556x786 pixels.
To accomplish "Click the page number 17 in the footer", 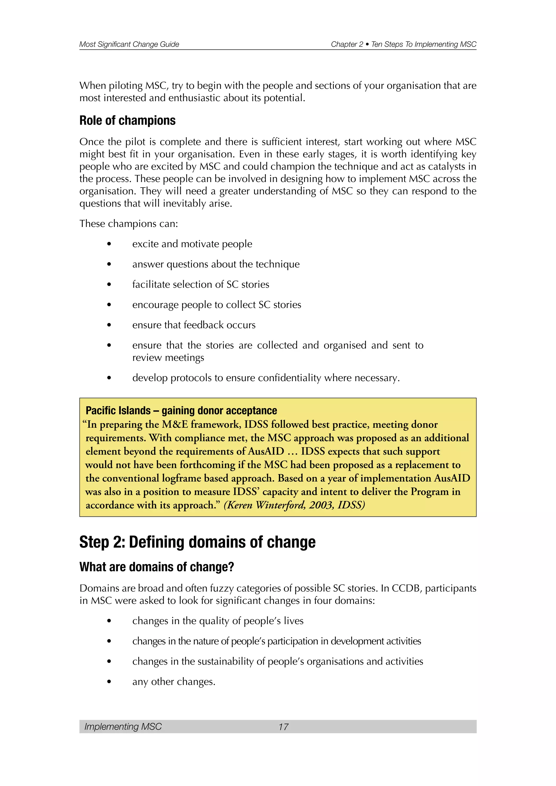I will (x=283, y=727).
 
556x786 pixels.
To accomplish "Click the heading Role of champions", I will (x=127, y=121).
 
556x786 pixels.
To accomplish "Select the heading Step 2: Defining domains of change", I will (x=197, y=542).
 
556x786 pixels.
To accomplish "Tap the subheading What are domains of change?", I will (x=156, y=567).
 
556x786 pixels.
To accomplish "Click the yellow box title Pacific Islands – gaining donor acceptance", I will (x=181, y=410).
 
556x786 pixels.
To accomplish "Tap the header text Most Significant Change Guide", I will (x=129, y=44).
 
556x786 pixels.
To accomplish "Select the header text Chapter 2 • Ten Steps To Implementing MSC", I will (x=403, y=44).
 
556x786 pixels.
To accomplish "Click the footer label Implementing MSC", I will (x=123, y=727).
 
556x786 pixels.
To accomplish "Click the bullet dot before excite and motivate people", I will (x=109, y=244).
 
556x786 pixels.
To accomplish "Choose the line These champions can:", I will (x=129, y=224).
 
